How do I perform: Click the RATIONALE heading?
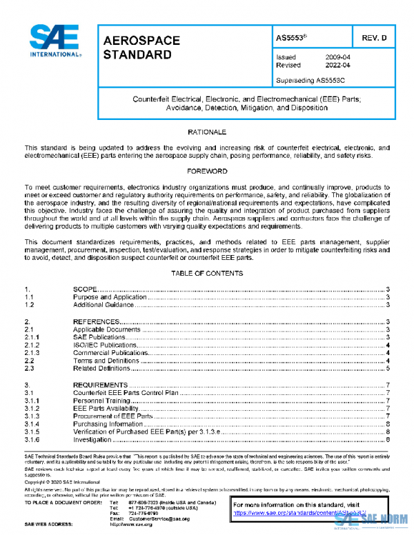coord(207,131)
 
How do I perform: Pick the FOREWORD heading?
coord(207,170)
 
